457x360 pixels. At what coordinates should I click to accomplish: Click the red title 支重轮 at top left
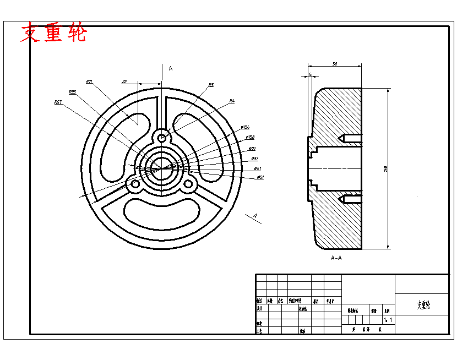[53, 34]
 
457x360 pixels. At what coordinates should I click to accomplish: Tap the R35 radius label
[72, 92]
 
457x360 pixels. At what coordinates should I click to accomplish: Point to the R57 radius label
[58, 102]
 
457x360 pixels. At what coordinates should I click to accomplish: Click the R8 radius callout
[211, 85]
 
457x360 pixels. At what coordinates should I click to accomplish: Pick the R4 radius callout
[232, 101]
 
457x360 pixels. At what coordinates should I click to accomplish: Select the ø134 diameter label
[245, 127]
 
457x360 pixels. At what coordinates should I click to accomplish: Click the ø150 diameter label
[249, 137]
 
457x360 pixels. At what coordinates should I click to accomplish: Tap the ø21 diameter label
[252, 149]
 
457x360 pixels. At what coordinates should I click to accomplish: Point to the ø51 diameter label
[260, 177]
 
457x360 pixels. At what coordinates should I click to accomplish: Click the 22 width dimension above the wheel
[124, 81]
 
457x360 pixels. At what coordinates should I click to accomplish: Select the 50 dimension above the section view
[335, 64]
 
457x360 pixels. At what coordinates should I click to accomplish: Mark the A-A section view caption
[336, 258]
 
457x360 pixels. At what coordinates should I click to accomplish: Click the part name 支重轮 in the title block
[423, 304]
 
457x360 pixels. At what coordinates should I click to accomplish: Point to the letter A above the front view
[171, 68]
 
